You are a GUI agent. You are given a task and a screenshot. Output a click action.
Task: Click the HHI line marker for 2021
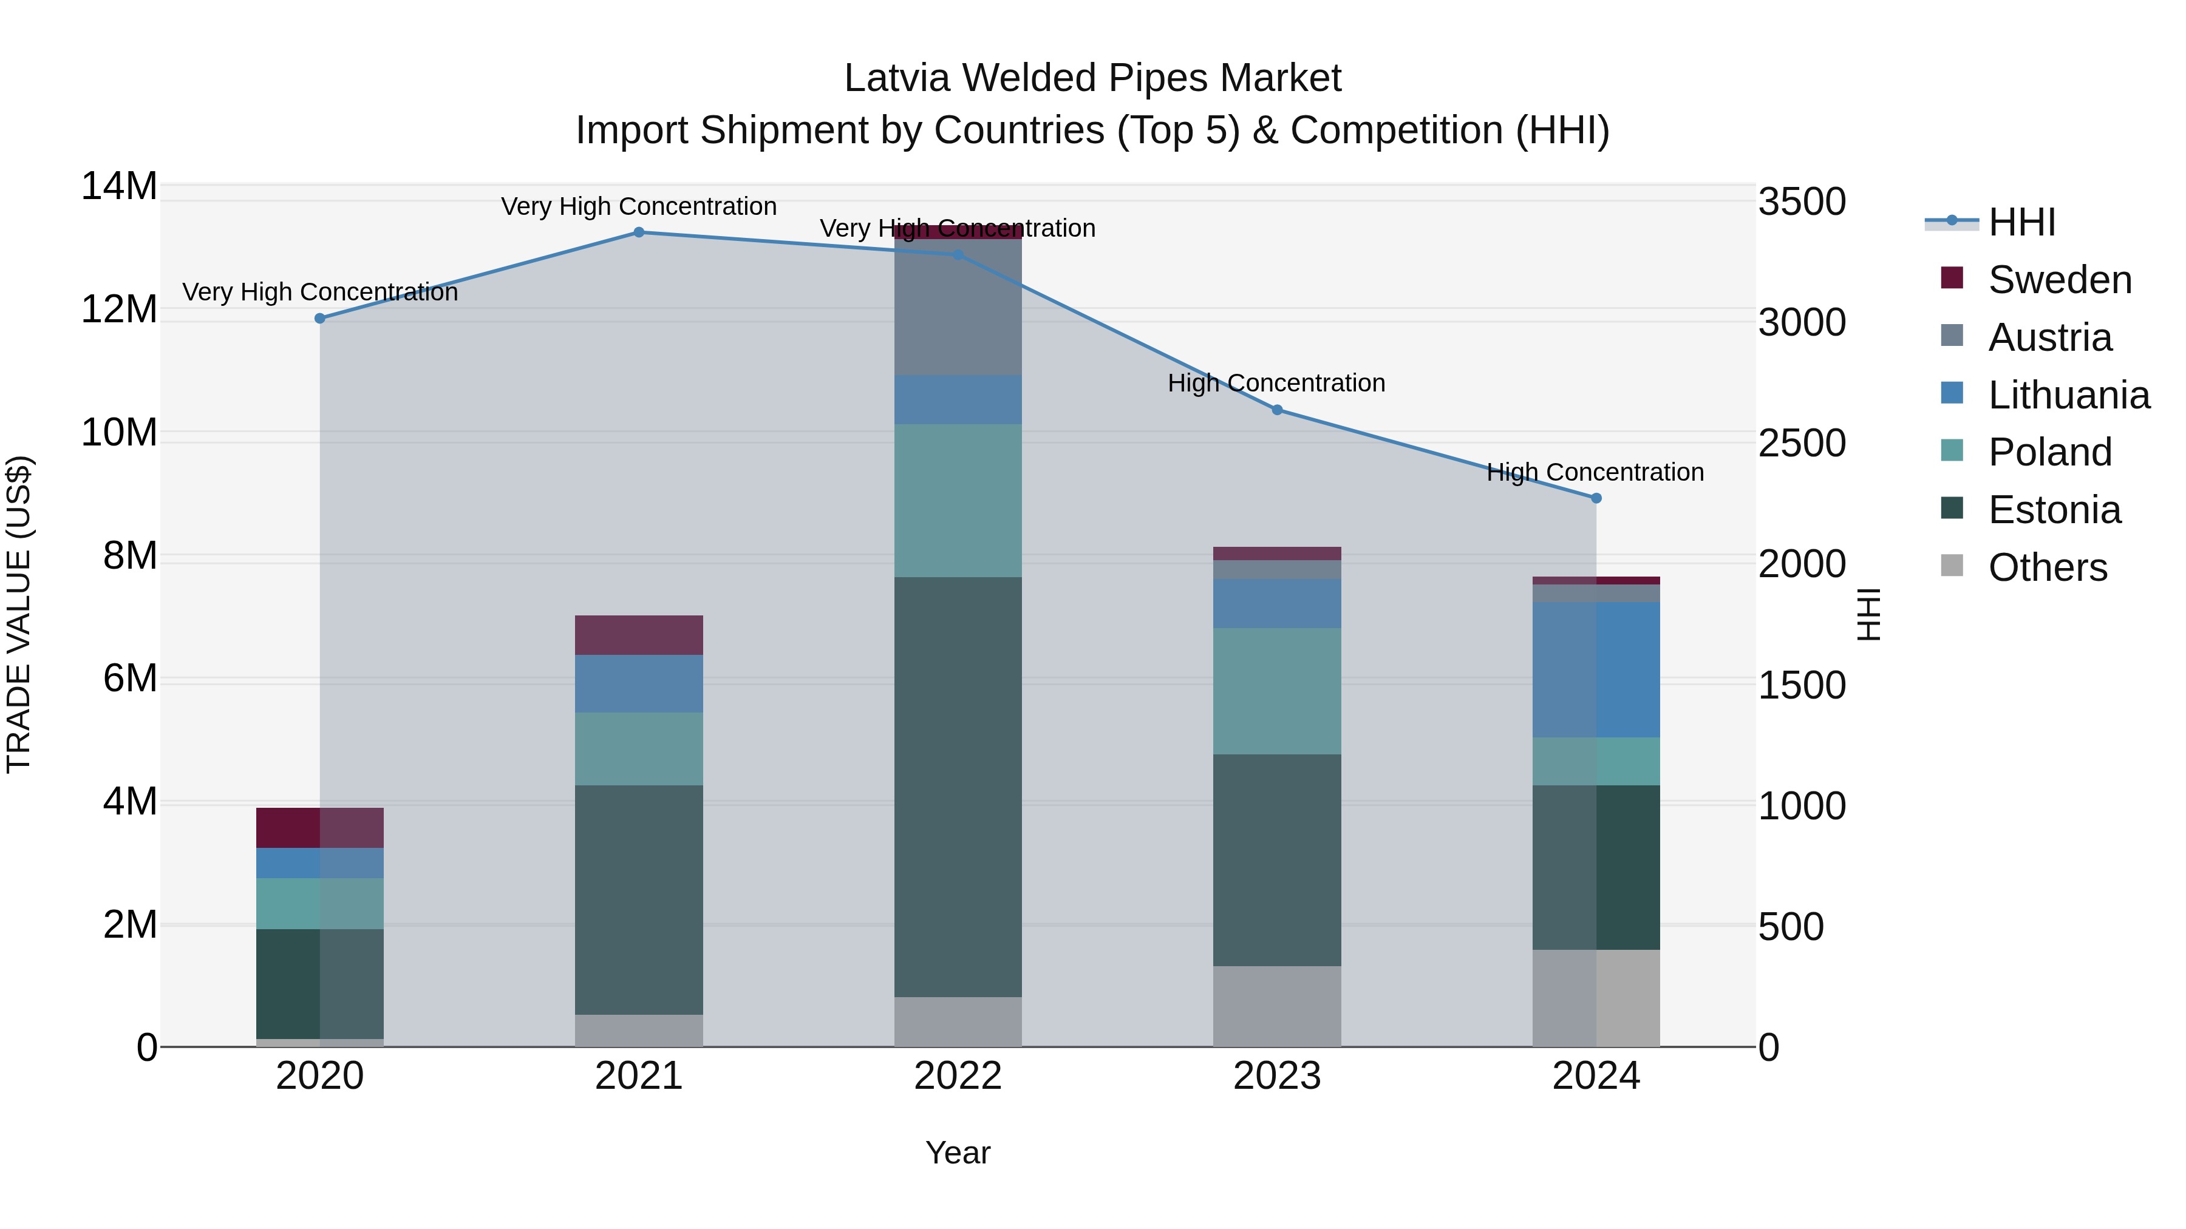coord(639,232)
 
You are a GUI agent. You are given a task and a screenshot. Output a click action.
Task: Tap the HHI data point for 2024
coord(1595,498)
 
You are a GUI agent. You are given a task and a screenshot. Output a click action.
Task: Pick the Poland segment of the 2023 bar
coord(1276,691)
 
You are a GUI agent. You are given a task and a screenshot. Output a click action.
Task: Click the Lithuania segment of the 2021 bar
coord(639,683)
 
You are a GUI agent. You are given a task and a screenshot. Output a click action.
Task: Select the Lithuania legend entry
coord(2068,395)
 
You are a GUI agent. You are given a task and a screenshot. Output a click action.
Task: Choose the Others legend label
coord(2047,567)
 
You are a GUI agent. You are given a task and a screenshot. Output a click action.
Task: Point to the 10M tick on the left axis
coord(119,433)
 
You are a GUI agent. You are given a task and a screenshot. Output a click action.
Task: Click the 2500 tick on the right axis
coord(1802,444)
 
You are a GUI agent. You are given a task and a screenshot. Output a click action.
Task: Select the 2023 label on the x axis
coord(1276,1076)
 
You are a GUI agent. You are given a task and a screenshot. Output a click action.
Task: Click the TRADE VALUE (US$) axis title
coord(19,614)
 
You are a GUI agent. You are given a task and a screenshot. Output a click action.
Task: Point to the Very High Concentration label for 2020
coord(320,292)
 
